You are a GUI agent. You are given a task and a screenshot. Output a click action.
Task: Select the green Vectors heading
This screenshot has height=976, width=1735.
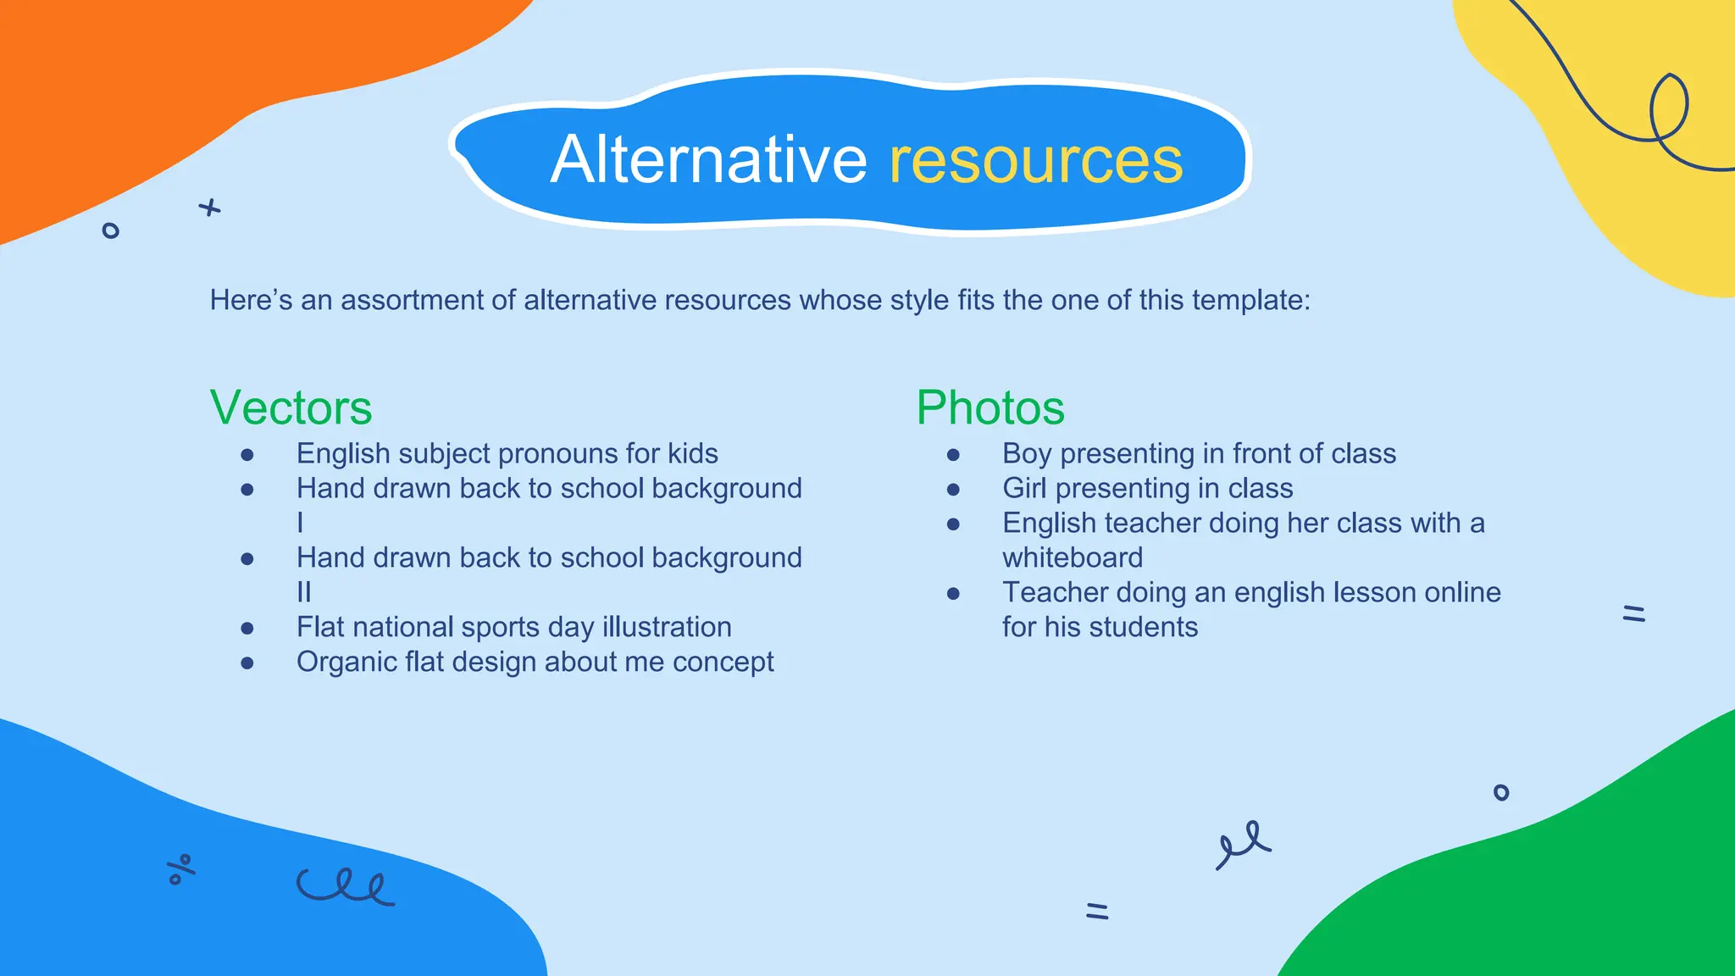pos(291,408)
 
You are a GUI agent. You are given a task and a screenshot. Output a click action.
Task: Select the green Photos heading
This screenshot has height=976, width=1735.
pos(989,408)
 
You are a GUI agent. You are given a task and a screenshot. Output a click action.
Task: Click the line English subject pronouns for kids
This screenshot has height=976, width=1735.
pos(507,453)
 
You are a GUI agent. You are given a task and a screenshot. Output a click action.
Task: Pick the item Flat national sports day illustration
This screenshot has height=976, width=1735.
pos(513,627)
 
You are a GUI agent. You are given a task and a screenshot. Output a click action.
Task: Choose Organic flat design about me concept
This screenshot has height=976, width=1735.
pos(535,662)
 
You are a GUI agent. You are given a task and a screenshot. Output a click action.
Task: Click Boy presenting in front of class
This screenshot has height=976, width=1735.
pos(1199,453)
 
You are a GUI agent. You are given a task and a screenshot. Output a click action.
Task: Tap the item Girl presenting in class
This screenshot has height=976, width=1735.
pos(1147,488)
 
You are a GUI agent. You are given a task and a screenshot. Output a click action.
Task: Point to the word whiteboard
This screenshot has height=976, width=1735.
pos(1073,557)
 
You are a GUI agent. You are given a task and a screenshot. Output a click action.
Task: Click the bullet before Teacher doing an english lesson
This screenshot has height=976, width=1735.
pos(953,593)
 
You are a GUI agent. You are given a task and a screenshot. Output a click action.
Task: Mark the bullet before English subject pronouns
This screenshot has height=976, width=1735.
pos(247,455)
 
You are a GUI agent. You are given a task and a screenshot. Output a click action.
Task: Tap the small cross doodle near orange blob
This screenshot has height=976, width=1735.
pos(209,208)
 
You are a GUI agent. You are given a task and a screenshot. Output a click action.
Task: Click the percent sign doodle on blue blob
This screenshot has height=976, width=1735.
pos(180,869)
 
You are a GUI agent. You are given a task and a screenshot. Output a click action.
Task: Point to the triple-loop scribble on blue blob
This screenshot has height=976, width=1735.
pos(345,886)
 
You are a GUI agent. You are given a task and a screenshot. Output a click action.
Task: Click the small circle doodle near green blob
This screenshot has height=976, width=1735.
pos(1500,792)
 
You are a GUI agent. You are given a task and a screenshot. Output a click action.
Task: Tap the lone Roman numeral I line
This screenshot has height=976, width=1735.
pos(300,523)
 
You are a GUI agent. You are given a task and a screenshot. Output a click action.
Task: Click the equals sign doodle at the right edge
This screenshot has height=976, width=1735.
pos(1633,613)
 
